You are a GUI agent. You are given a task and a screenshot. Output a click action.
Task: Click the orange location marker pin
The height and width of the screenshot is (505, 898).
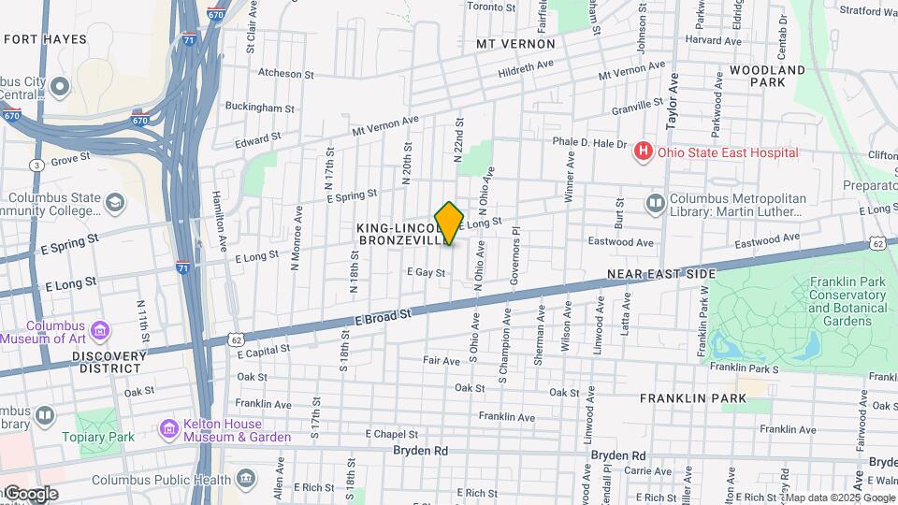click(x=449, y=223)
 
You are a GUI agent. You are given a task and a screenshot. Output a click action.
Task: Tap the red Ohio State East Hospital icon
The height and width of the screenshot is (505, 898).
click(x=643, y=151)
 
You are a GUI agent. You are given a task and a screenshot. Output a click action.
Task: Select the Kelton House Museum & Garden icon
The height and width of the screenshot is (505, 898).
click(x=169, y=429)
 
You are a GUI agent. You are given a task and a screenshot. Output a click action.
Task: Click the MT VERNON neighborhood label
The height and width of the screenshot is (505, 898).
click(x=515, y=44)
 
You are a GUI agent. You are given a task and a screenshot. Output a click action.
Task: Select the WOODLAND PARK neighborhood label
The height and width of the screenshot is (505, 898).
click(x=767, y=76)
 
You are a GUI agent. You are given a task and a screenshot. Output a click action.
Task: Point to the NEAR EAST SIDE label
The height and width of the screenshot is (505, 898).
click(x=660, y=274)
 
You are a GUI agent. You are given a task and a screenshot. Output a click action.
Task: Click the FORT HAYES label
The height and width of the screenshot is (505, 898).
click(x=45, y=39)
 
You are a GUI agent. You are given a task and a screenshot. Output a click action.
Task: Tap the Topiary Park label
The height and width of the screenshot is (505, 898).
click(x=98, y=437)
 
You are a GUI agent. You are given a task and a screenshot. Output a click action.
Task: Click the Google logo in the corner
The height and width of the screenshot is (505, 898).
click(x=30, y=494)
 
